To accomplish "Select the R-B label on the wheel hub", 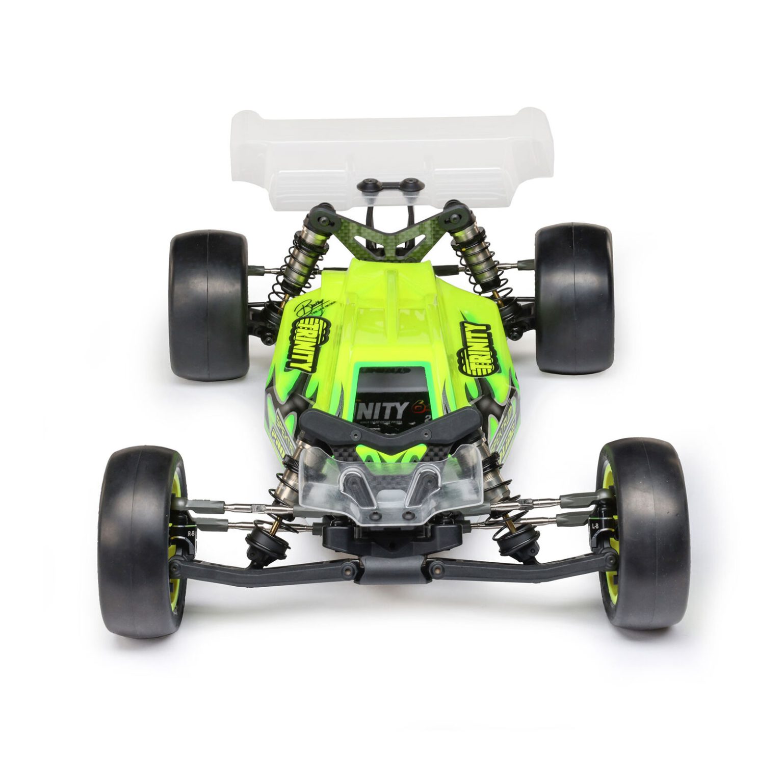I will (191, 533).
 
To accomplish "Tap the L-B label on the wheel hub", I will (595, 525).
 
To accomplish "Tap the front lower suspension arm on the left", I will (265, 571).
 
